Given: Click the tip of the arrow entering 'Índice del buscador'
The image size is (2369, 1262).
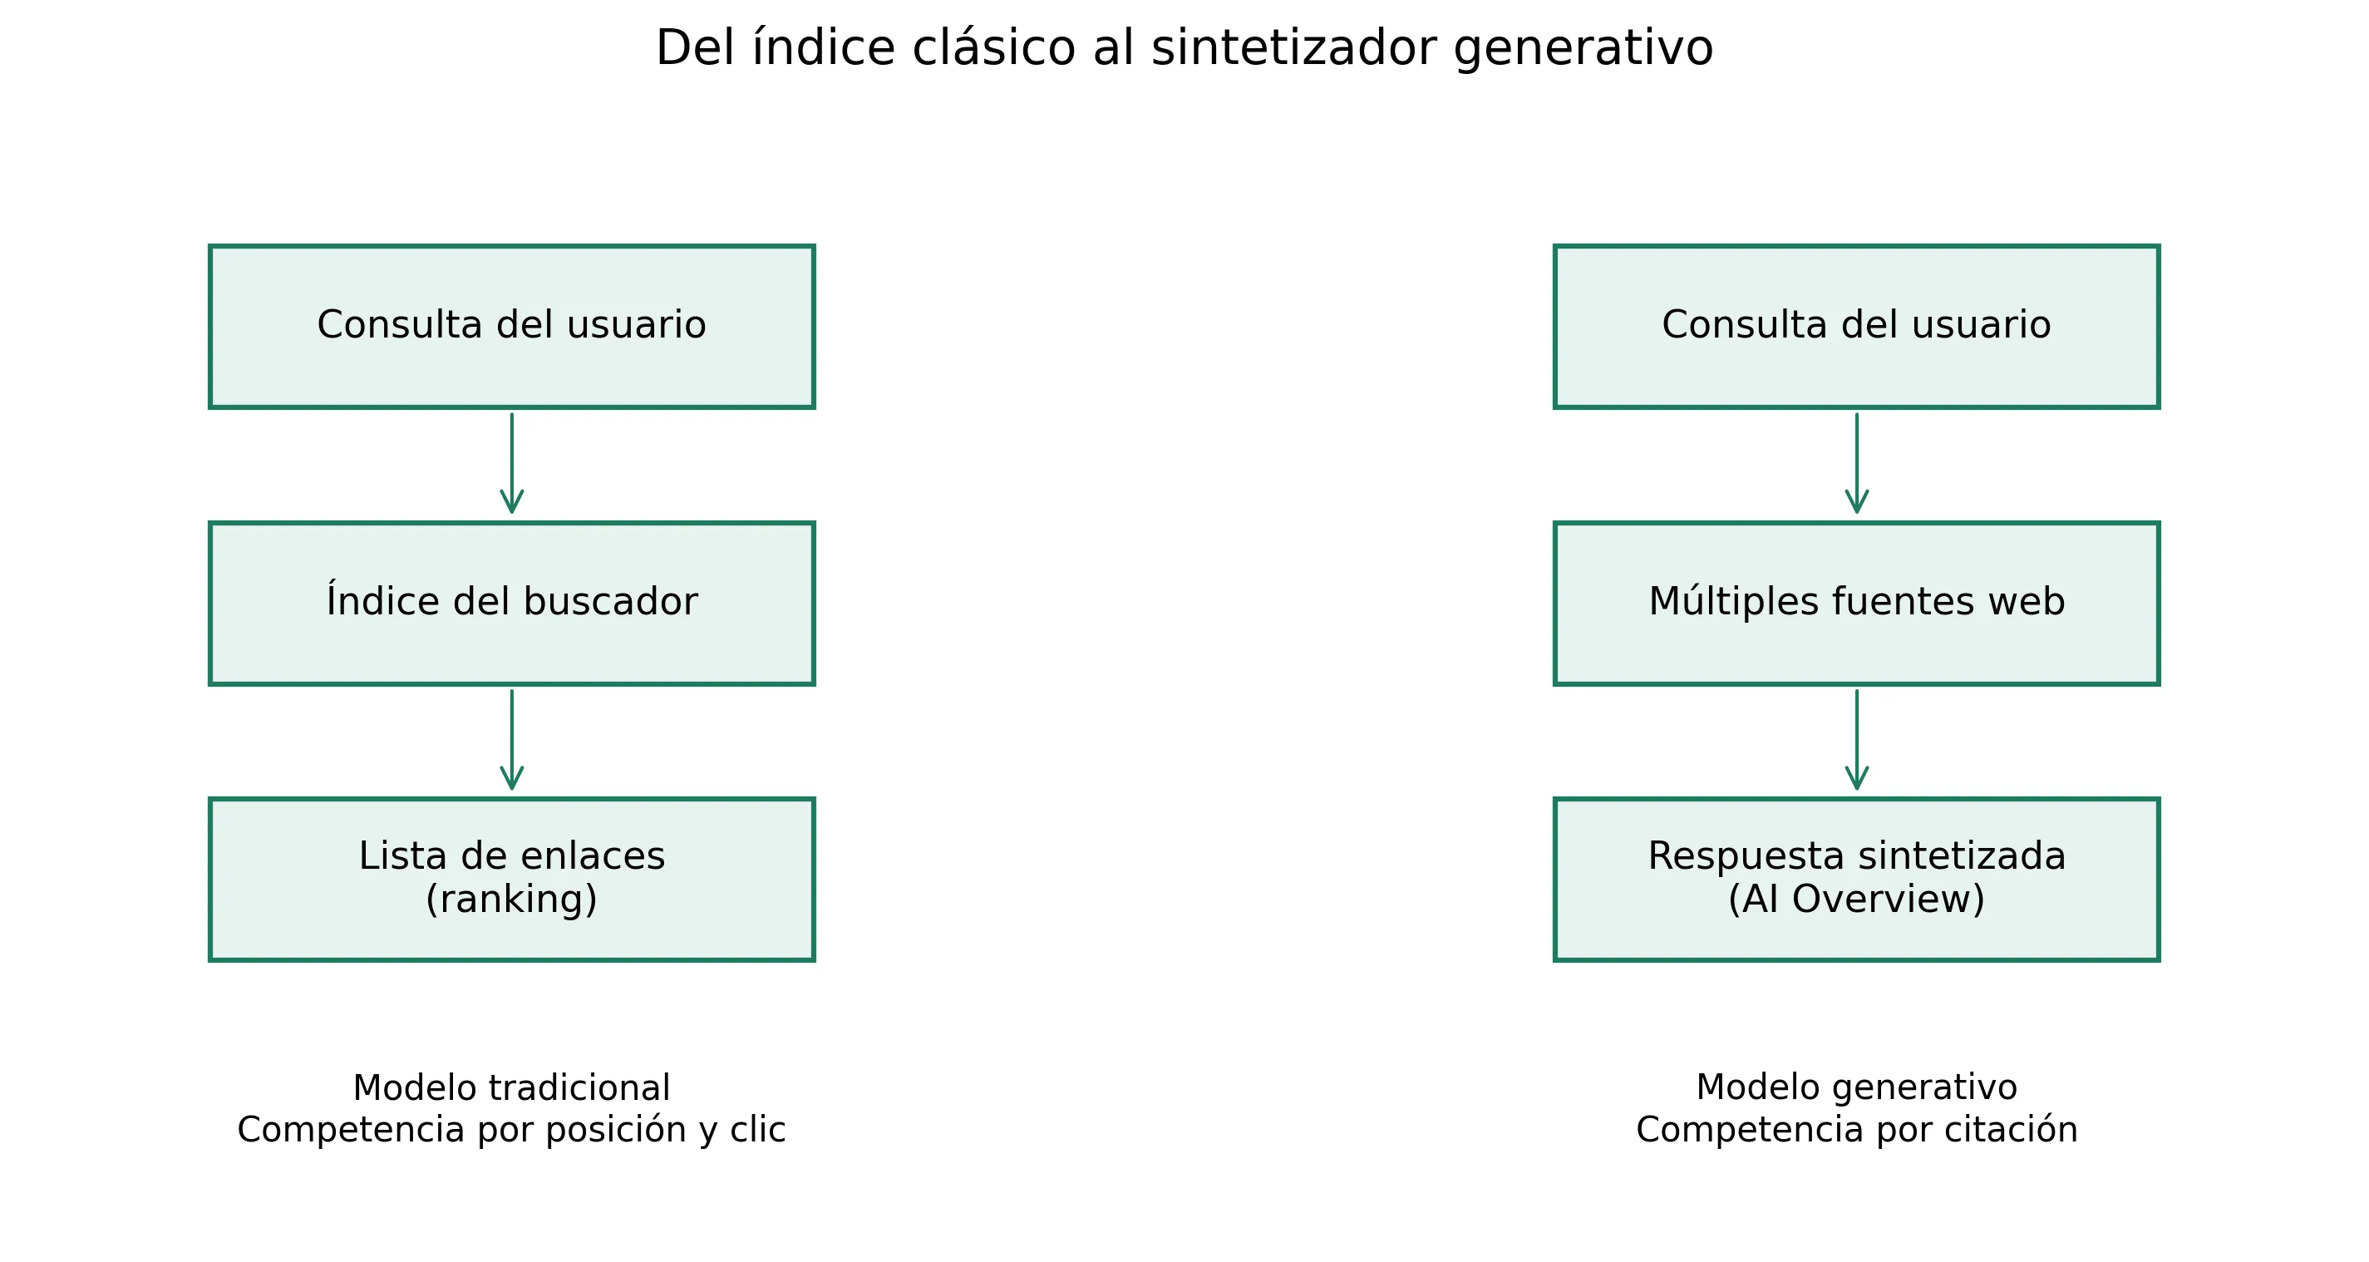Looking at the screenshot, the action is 512,513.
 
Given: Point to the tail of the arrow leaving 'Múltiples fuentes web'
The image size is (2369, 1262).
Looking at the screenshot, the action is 1857,691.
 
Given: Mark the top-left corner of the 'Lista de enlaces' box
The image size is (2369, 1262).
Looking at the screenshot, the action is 210,799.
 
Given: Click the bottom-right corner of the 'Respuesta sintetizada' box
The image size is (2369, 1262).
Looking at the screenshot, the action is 2159,960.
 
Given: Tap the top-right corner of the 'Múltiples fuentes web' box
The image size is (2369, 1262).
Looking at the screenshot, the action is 2159,524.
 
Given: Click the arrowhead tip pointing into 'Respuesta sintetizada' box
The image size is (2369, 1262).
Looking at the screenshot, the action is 1857,789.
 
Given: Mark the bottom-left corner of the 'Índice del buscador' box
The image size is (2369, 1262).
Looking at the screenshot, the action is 210,684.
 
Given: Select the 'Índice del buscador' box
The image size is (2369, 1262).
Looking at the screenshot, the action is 512,604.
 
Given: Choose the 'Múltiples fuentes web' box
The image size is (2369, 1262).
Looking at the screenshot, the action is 1857,604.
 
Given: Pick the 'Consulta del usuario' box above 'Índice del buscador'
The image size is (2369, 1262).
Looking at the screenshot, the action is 512,327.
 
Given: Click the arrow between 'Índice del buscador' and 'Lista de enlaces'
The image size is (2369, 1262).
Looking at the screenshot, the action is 512,741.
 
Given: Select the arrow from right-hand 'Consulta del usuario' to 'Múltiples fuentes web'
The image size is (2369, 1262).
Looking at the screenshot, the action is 1857,464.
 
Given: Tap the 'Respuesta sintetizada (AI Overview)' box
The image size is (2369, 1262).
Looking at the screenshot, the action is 1857,880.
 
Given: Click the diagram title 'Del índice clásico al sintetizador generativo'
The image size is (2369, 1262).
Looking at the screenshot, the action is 1184,48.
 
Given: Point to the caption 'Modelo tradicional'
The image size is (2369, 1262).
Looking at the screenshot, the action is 512,1088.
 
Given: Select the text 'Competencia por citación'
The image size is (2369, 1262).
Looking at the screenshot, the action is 1857,1130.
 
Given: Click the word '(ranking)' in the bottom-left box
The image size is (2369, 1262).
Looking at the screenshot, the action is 512,899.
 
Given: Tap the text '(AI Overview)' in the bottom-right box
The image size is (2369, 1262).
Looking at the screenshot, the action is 1857,899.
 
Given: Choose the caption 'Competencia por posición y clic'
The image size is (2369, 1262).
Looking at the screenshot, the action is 512,1130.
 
